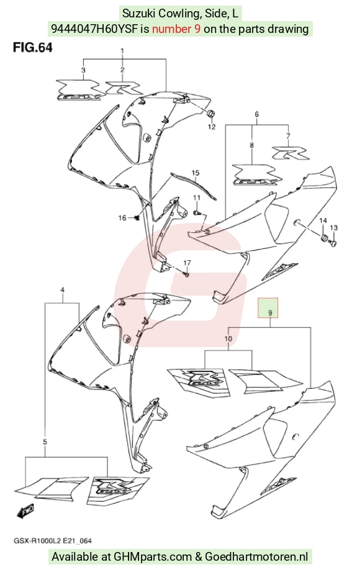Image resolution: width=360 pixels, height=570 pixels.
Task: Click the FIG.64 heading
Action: point(33,48)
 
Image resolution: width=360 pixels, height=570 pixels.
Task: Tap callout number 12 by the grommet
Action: point(212,127)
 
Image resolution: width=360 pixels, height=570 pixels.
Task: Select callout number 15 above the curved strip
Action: point(196,173)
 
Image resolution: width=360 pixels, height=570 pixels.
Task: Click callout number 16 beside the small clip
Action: point(122,218)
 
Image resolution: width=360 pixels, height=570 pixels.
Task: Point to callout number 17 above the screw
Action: point(187,263)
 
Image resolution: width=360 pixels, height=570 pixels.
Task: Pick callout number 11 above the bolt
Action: point(197,197)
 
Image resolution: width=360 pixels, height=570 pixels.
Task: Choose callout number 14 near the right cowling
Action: point(323,220)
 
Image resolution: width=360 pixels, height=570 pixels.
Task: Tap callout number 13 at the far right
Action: point(334,227)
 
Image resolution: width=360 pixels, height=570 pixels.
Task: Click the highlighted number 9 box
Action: point(268,308)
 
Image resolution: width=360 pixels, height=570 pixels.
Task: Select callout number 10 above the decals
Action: point(228,339)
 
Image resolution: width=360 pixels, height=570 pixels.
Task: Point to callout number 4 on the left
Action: point(63,290)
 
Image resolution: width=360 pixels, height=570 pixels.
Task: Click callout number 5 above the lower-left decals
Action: point(45,442)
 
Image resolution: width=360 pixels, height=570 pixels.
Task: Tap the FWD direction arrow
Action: point(25,511)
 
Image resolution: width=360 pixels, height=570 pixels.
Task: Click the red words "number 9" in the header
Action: point(176,29)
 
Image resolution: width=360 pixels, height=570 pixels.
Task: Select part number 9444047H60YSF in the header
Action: point(94,29)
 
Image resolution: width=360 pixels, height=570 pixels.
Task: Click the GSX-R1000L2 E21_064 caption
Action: point(53,541)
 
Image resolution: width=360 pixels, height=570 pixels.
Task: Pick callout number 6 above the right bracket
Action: point(256,114)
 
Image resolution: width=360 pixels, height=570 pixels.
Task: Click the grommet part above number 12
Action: point(210,114)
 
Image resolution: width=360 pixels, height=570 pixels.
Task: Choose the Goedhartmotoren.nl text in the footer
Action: point(256,556)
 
